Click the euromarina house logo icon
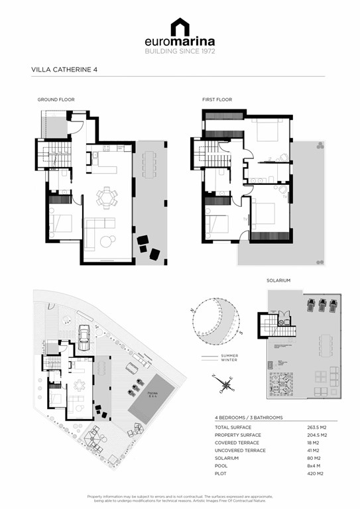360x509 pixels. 180,27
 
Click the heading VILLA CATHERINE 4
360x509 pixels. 62,68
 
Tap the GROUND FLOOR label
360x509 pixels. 56,99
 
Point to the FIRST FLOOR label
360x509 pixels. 217,99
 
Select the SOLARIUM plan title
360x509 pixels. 278,280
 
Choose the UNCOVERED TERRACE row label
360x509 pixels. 239,451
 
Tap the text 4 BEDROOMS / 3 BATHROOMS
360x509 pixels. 249,418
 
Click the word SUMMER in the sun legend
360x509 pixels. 230,356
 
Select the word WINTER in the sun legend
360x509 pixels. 229,361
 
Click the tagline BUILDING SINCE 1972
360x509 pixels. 180,51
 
